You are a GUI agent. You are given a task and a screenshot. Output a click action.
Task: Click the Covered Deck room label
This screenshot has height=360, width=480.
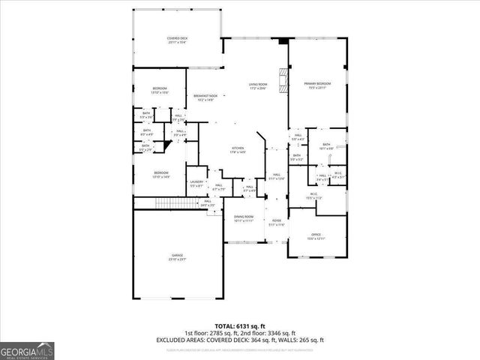click(176, 40)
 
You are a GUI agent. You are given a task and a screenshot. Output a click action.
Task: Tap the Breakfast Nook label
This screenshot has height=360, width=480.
click(205, 97)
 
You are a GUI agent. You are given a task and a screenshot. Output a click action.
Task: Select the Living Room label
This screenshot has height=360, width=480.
click(258, 87)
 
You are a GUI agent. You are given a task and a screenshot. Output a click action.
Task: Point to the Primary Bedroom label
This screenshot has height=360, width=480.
click(316, 85)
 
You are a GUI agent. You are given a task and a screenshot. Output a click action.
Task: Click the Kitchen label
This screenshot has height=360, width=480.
click(238, 151)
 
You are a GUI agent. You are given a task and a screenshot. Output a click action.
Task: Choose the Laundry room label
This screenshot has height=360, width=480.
click(196, 184)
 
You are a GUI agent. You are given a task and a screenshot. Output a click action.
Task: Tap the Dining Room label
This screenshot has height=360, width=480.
click(243, 219)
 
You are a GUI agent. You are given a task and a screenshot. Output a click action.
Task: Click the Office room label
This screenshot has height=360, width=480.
click(316, 236)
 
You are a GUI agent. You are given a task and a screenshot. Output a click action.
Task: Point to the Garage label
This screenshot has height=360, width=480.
click(177, 257)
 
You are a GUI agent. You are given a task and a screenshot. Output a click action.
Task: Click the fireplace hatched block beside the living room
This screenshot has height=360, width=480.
click(282, 79)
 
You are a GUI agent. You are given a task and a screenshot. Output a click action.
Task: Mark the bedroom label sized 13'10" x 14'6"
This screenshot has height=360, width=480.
click(160, 175)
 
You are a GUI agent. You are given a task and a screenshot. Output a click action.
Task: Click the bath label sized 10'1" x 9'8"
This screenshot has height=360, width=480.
click(326, 146)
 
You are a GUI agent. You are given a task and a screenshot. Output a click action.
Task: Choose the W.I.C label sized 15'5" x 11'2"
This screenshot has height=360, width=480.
click(313, 196)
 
